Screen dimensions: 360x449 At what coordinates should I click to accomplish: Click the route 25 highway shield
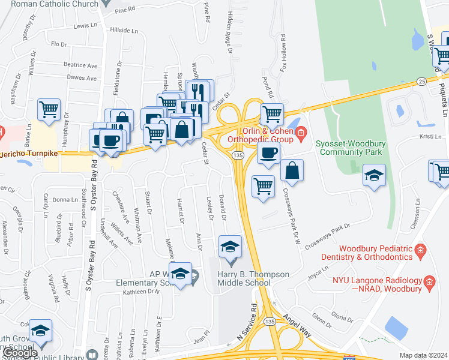[x=421, y=81]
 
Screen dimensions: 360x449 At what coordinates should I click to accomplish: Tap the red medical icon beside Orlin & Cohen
[x=301, y=131]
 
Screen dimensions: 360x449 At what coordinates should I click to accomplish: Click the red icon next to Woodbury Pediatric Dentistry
[x=420, y=250]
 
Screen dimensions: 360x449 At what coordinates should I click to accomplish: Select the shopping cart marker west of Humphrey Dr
[x=49, y=110]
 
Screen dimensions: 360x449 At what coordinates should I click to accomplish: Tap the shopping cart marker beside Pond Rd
[x=272, y=113]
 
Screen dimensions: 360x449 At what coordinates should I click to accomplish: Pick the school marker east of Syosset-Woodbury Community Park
[x=375, y=176]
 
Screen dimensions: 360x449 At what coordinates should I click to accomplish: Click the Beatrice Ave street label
[x=80, y=65]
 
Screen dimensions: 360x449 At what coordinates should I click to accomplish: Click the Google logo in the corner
[x=20, y=353]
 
